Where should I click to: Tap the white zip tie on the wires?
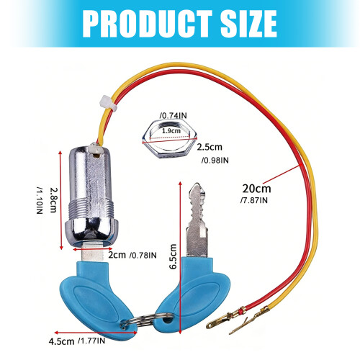pyautogui.click(x=109, y=103)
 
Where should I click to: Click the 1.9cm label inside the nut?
pyautogui.click(x=171, y=131)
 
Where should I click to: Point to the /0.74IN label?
pyautogui.click(x=173, y=116)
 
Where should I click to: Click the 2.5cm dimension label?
pyautogui.click(x=210, y=147)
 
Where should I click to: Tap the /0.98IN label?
pyautogui.click(x=215, y=160)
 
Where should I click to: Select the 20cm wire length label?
pyautogui.click(x=256, y=189)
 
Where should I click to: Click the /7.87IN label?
pyautogui.click(x=254, y=200)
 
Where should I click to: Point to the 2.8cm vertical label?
pyautogui.click(x=53, y=200)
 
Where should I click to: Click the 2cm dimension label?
pyautogui.click(x=117, y=255)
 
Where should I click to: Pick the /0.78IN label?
pyautogui.click(x=143, y=256)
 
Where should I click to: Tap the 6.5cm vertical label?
pyautogui.click(x=173, y=256)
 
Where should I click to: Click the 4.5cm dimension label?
pyautogui.click(x=61, y=341)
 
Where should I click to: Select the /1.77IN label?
pyautogui.click(x=91, y=341)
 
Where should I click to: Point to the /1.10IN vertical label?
pyautogui.click(x=40, y=200)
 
